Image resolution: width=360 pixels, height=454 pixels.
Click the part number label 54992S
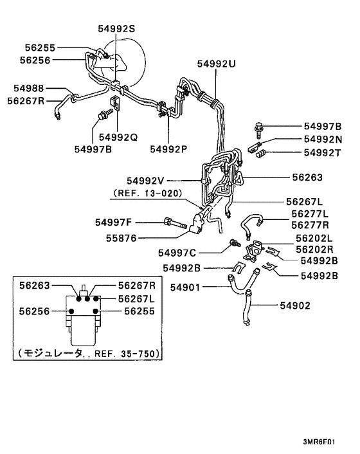pyautogui.click(x=117, y=28)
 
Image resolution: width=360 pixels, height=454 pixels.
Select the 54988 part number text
pyautogui.click(x=29, y=88)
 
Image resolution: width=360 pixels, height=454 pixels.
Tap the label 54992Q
pyautogui.click(x=118, y=137)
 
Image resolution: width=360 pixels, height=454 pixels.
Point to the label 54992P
pyautogui.click(x=168, y=149)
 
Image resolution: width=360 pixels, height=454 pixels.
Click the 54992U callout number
pyautogui.click(x=216, y=65)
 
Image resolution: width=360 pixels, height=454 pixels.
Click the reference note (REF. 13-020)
pyautogui.click(x=147, y=193)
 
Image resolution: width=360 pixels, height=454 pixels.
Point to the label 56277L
pyautogui.click(x=309, y=213)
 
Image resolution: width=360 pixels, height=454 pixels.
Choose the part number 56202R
pyautogui.click(x=314, y=249)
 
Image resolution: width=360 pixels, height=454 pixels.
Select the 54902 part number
pyautogui.click(x=311, y=306)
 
